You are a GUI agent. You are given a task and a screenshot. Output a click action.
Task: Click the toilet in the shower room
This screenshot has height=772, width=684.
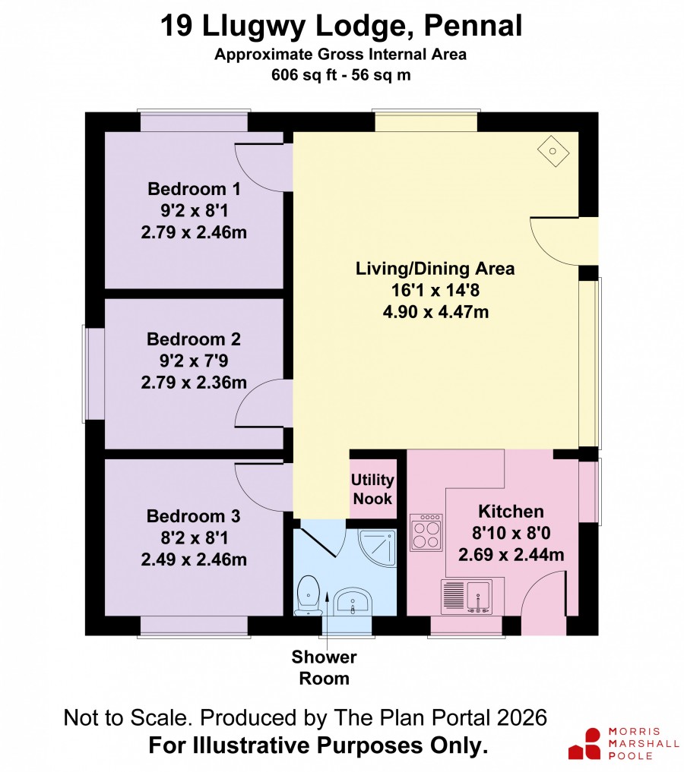[x=308, y=595]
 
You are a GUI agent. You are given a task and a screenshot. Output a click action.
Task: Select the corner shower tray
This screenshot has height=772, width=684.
[x=378, y=548]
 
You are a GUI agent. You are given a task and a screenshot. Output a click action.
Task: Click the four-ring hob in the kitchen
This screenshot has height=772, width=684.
[x=426, y=532]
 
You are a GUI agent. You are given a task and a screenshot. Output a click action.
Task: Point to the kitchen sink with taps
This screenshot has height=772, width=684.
[x=466, y=596]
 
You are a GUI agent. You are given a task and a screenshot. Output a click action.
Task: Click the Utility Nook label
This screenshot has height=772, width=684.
[x=372, y=489]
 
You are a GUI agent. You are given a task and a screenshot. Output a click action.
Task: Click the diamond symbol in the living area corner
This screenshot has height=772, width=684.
[x=553, y=151]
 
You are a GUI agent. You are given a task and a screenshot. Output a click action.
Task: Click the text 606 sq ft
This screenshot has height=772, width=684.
[x=304, y=75]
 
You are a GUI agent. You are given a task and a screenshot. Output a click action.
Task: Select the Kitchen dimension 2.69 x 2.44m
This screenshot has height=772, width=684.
[x=511, y=555]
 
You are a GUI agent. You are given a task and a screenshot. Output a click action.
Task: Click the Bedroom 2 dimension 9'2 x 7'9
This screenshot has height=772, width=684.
[x=194, y=361]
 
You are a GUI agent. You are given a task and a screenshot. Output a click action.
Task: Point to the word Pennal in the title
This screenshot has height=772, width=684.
[x=473, y=26]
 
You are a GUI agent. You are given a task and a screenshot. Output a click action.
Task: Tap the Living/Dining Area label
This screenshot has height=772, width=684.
[x=435, y=269]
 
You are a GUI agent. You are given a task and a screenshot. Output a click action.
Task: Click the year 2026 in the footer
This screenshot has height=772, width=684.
[x=522, y=718]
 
